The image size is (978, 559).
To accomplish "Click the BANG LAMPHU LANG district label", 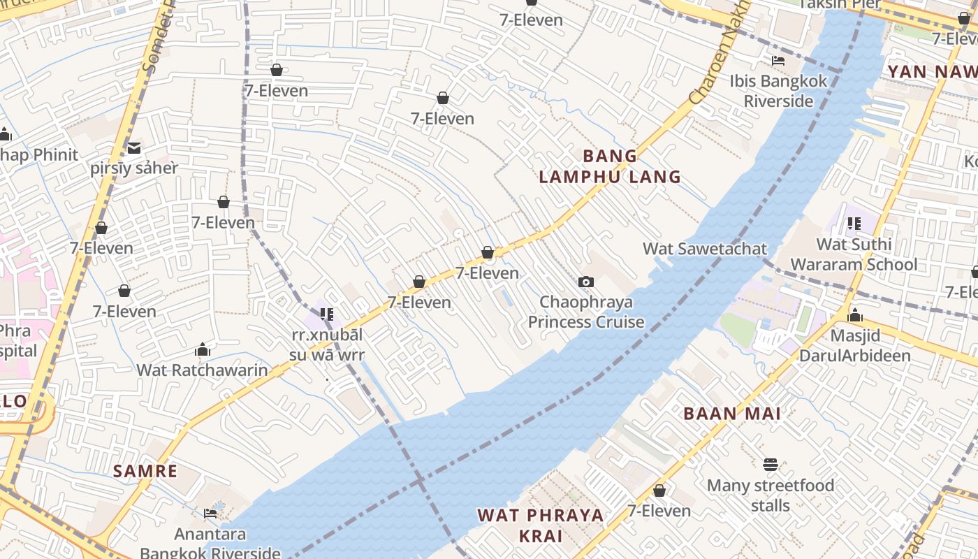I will pyautogui.click(x=610, y=166).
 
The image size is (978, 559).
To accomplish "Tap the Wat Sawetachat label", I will pyautogui.click(x=704, y=249).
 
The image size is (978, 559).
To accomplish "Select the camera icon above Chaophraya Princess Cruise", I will pyautogui.click(x=586, y=282).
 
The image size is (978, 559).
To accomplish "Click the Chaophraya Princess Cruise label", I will pyautogui.click(x=586, y=312).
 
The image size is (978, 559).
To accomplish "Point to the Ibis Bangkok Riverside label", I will pyautogui.click(x=778, y=91).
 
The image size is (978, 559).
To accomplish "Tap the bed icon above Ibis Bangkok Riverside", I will pyautogui.click(x=778, y=61).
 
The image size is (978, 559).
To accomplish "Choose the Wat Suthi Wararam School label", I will pyautogui.click(x=854, y=254).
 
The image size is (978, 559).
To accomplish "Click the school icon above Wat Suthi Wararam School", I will pyautogui.click(x=854, y=224).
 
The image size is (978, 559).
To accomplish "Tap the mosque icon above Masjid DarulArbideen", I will pyautogui.click(x=855, y=315).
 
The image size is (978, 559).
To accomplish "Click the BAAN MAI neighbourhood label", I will pyautogui.click(x=732, y=414).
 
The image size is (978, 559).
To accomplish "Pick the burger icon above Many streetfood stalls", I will pyautogui.click(x=771, y=465).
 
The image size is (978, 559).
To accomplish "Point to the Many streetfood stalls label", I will pyautogui.click(x=771, y=495).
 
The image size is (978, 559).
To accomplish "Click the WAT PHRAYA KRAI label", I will pyautogui.click(x=541, y=525).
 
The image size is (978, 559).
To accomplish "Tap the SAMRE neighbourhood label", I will pyautogui.click(x=145, y=471).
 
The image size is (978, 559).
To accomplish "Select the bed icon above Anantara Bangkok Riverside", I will pyautogui.click(x=210, y=514).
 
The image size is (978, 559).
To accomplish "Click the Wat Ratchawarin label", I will pyautogui.click(x=202, y=370).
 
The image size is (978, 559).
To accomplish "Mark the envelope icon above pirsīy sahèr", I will pyautogui.click(x=134, y=147).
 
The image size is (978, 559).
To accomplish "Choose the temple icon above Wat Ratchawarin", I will pyautogui.click(x=203, y=349).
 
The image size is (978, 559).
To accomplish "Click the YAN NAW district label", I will pyautogui.click(x=932, y=71).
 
